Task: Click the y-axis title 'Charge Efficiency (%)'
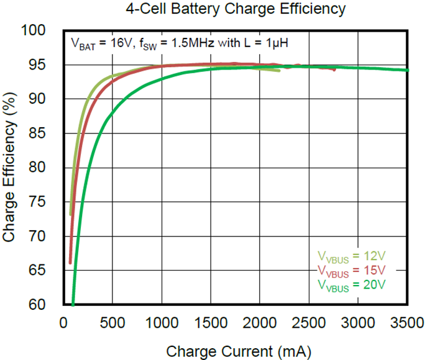[x=9, y=168]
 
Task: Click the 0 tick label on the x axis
[x=63, y=323]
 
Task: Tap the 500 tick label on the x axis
[x=113, y=323]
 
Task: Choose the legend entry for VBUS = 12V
[x=352, y=256]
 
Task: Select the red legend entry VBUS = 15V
[x=352, y=270]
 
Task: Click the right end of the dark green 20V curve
[x=408, y=70]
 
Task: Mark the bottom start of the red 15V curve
[x=70, y=263]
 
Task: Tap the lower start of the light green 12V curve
[x=71, y=215]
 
